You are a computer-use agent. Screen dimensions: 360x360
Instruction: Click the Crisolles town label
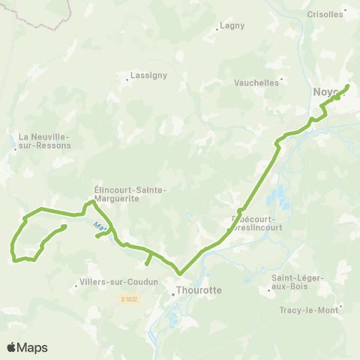point(323,13)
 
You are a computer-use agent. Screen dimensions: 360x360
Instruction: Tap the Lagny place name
point(232,25)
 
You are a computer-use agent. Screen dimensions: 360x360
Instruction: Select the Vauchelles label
point(256,82)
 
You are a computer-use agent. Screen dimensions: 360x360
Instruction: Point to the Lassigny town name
point(148,75)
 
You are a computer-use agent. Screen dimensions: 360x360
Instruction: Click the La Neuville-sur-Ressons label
point(44,141)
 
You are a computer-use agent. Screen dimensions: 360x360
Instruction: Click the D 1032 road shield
point(128,299)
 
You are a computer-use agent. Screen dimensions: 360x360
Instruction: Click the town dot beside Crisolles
point(343,13)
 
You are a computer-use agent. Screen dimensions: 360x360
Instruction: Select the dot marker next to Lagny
point(216,30)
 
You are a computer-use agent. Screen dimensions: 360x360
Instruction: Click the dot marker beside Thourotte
point(172,294)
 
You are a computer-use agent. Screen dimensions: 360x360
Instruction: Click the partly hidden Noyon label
point(325,92)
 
